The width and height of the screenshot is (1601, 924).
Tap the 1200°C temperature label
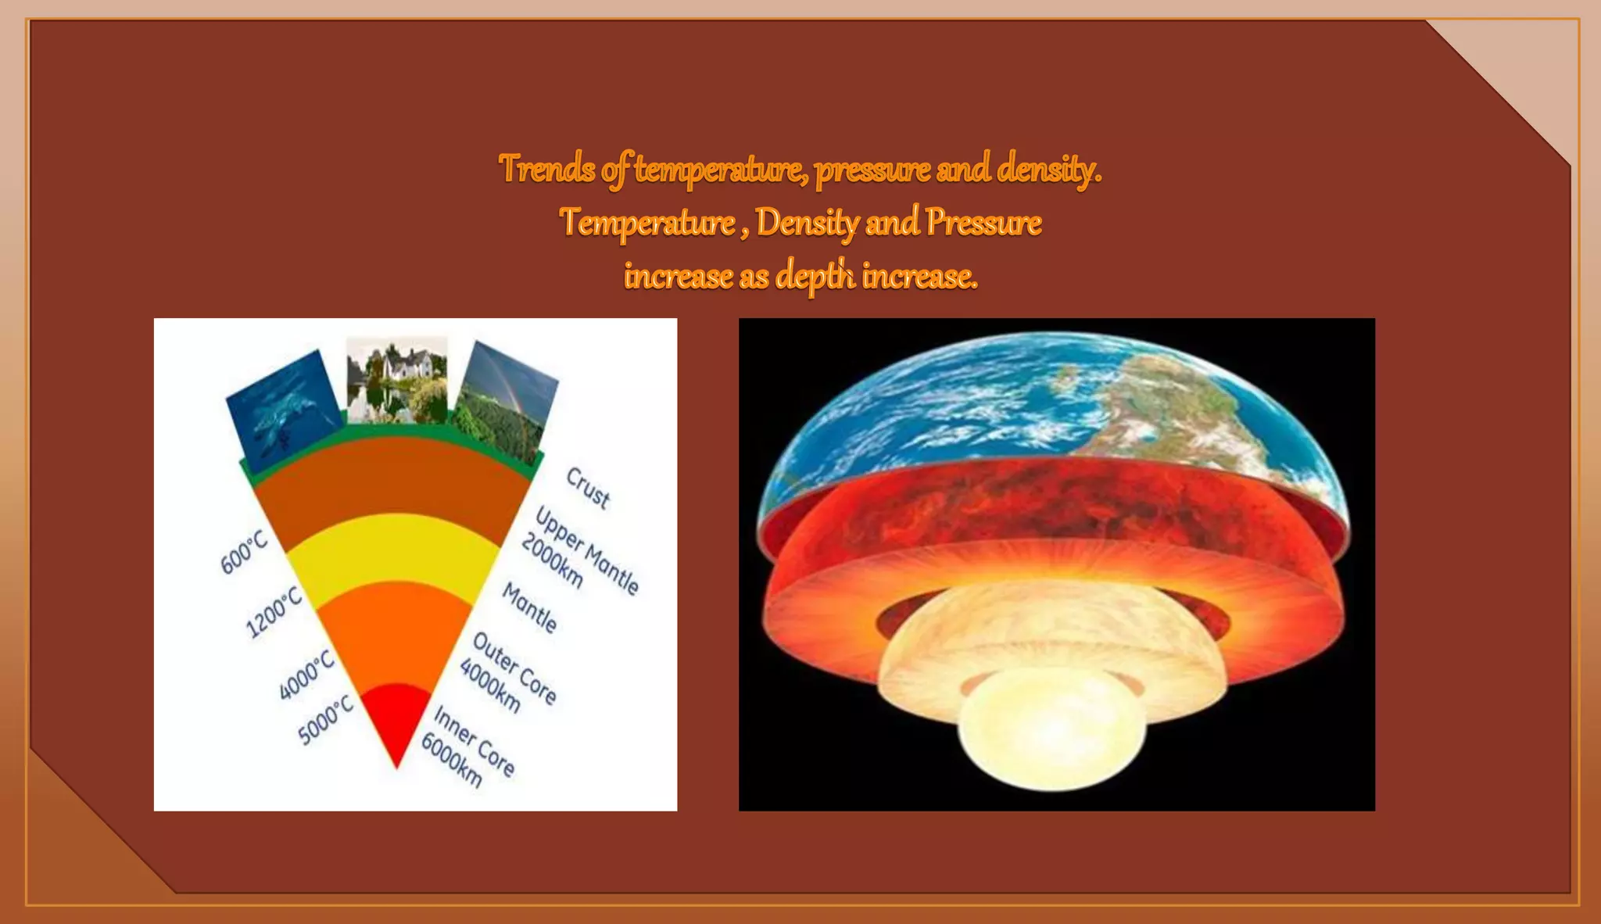pyautogui.click(x=274, y=612)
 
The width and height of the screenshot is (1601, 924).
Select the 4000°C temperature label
pyautogui.click(x=306, y=674)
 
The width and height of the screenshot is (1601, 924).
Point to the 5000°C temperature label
pyautogui.click(x=326, y=720)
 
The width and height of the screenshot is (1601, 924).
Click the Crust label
pyautogui.click(x=588, y=488)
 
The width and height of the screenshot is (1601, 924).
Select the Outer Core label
pyautogui.click(x=514, y=668)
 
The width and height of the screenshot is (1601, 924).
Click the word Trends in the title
pyautogui.click(x=547, y=169)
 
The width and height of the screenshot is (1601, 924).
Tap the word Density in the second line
pyautogui.click(x=807, y=223)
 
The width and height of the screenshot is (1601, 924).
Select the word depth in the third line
pyautogui.click(x=815, y=276)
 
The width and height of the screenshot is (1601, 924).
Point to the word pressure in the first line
pyautogui.click(x=872, y=170)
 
